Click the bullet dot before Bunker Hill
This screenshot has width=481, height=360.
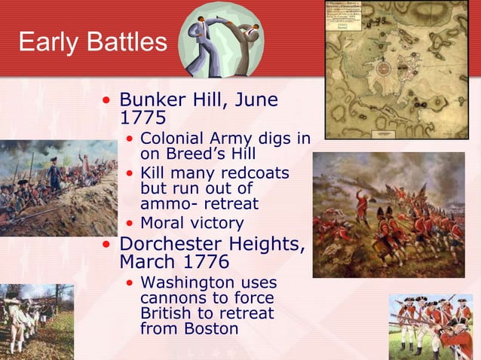pos(109,101)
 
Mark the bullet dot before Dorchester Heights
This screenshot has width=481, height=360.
pos(109,245)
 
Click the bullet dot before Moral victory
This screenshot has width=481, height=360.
pos(131,224)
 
